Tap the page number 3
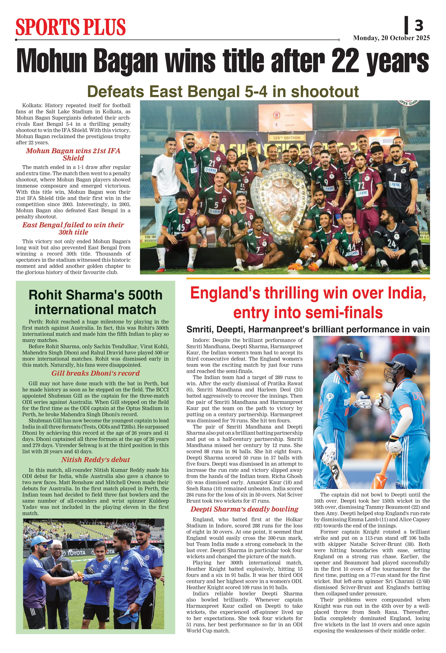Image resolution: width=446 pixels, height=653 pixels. (x=419, y=25)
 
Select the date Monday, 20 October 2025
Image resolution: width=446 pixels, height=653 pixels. (x=391, y=38)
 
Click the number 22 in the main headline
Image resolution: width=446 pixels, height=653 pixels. (x=345, y=60)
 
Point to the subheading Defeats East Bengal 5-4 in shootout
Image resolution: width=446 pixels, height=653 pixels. (x=223, y=92)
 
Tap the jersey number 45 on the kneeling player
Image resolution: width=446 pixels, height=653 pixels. (x=181, y=227)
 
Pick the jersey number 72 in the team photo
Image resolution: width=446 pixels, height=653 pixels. (x=361, y=185)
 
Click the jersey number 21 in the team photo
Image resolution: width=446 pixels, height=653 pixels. (x=212, y=163)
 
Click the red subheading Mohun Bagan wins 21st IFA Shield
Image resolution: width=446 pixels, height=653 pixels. (x=73, y=154)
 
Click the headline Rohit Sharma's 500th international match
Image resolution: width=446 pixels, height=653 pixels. (x=95, y=302)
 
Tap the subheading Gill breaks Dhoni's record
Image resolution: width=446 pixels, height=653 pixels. (x=95, y=373)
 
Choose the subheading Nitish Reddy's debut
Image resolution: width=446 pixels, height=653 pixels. (x=95, y=460)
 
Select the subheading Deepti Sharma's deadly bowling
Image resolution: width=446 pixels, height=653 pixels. (x=244, y=509)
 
